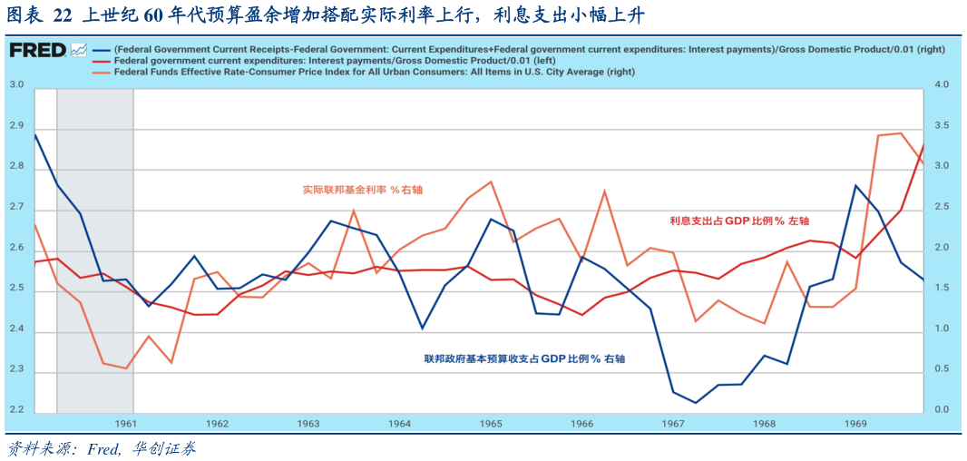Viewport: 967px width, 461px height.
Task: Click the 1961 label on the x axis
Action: pos(126,424)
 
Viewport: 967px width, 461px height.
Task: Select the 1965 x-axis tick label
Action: pos(491,424)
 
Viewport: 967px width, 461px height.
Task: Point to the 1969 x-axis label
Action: pos(855,424)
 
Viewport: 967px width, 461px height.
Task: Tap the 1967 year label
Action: pos(673,424)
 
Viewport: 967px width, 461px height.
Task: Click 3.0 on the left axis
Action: pos(15,85)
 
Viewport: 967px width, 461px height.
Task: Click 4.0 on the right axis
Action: pos(940,85)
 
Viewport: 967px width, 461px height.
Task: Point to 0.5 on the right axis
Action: pos(940,369)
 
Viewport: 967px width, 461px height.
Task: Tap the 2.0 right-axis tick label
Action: pos(940,248)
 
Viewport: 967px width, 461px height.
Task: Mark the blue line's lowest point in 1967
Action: pos(696,403)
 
